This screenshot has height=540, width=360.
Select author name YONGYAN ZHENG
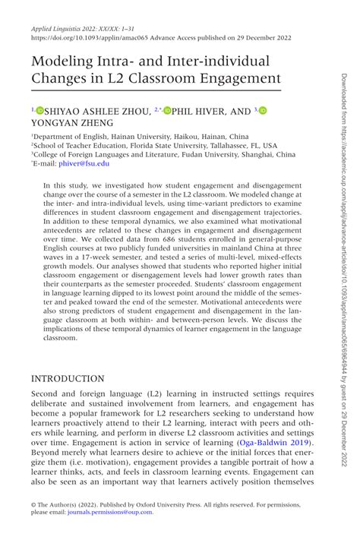(72, 123)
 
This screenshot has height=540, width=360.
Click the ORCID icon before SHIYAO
(40, 111)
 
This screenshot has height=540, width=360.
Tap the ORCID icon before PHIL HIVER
(167, 111)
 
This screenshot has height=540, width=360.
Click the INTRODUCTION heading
(68, 378)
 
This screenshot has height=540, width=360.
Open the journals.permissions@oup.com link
(109, 512)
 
